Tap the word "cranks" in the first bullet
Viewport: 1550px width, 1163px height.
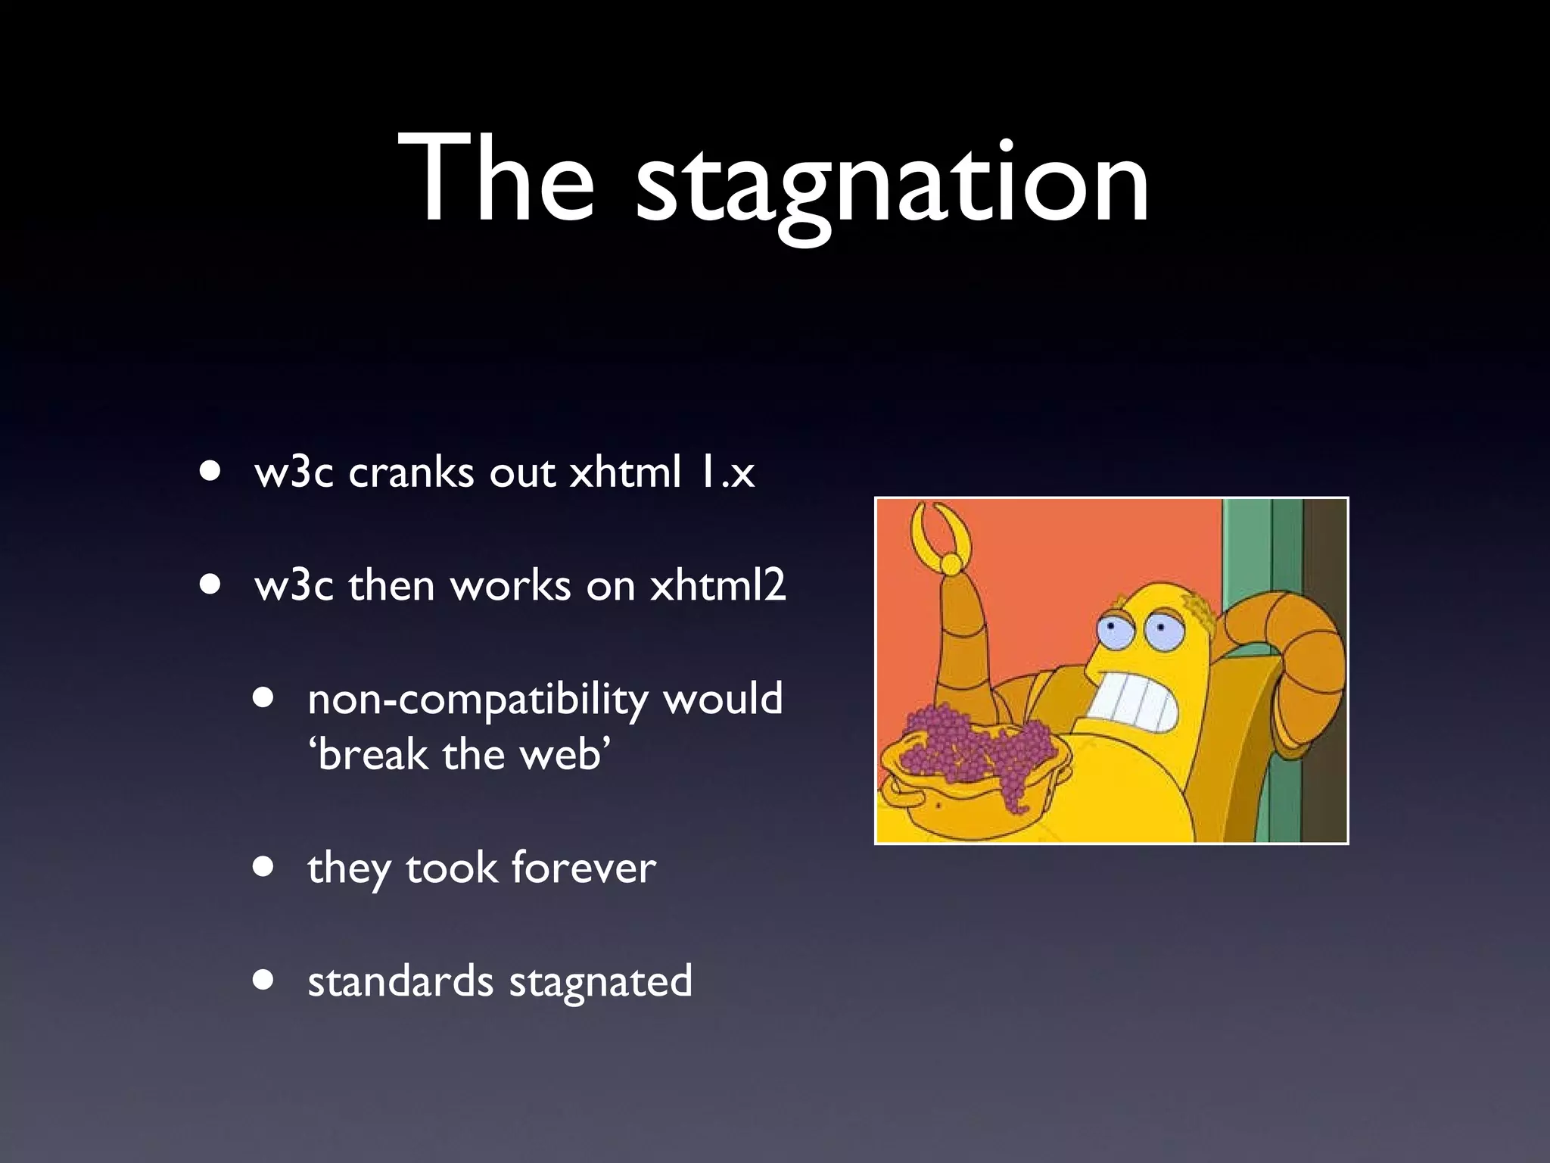411,473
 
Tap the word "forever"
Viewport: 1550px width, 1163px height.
584,868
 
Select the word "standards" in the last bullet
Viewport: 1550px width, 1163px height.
400,981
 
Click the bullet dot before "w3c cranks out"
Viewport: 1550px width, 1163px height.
211,472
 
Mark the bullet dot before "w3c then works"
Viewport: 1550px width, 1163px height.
211,585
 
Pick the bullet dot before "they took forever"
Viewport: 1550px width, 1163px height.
264,866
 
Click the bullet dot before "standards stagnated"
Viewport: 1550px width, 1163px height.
264,980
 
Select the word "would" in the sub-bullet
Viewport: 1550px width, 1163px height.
723,699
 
